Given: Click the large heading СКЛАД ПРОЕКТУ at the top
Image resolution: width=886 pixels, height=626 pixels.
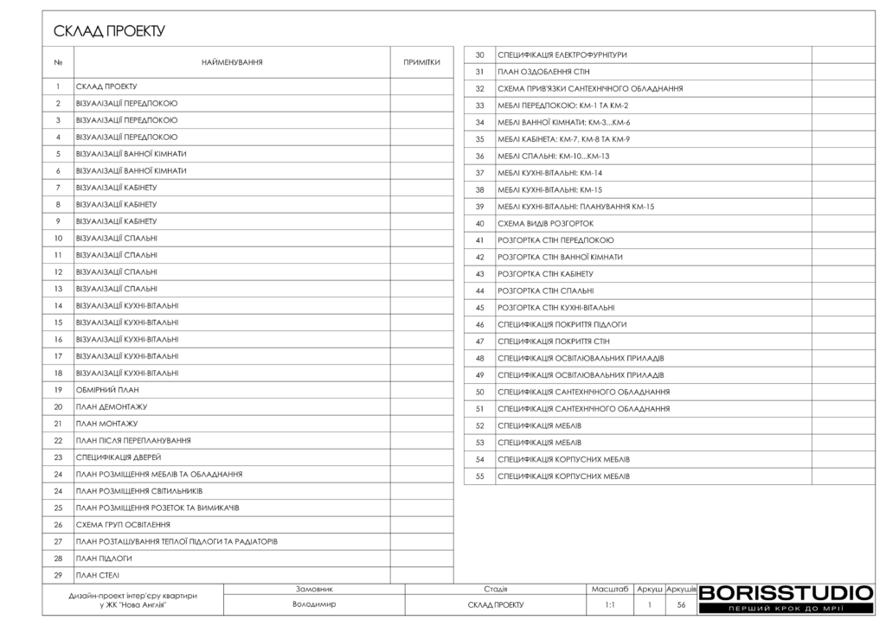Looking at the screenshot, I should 109,32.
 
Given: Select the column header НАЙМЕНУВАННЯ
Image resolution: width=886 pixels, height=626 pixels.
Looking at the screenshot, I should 232,62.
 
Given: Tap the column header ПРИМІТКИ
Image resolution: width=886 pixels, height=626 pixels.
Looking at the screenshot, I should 421,62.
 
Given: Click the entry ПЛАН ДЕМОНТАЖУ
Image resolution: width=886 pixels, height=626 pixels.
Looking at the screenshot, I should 112,406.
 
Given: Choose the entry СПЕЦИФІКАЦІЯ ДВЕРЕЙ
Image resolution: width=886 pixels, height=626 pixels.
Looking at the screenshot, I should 119,457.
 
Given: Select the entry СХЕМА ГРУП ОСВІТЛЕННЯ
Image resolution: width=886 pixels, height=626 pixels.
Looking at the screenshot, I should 123,525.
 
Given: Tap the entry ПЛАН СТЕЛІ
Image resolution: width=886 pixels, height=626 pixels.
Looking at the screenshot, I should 98,575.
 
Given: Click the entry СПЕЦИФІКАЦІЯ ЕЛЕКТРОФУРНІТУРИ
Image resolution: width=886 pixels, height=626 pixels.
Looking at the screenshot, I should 562,55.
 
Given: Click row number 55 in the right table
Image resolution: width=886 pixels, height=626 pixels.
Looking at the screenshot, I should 479,476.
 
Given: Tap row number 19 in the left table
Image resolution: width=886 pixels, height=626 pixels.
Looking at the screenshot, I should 58,390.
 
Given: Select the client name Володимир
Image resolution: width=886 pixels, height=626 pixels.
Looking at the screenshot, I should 314,605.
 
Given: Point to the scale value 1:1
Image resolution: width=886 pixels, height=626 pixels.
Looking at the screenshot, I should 610,605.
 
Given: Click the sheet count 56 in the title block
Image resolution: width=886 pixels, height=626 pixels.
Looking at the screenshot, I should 681,605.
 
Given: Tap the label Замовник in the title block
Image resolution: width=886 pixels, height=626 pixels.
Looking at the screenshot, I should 314,589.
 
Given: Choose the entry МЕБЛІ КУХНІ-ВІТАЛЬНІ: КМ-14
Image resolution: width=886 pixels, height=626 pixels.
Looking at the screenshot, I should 550,173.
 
